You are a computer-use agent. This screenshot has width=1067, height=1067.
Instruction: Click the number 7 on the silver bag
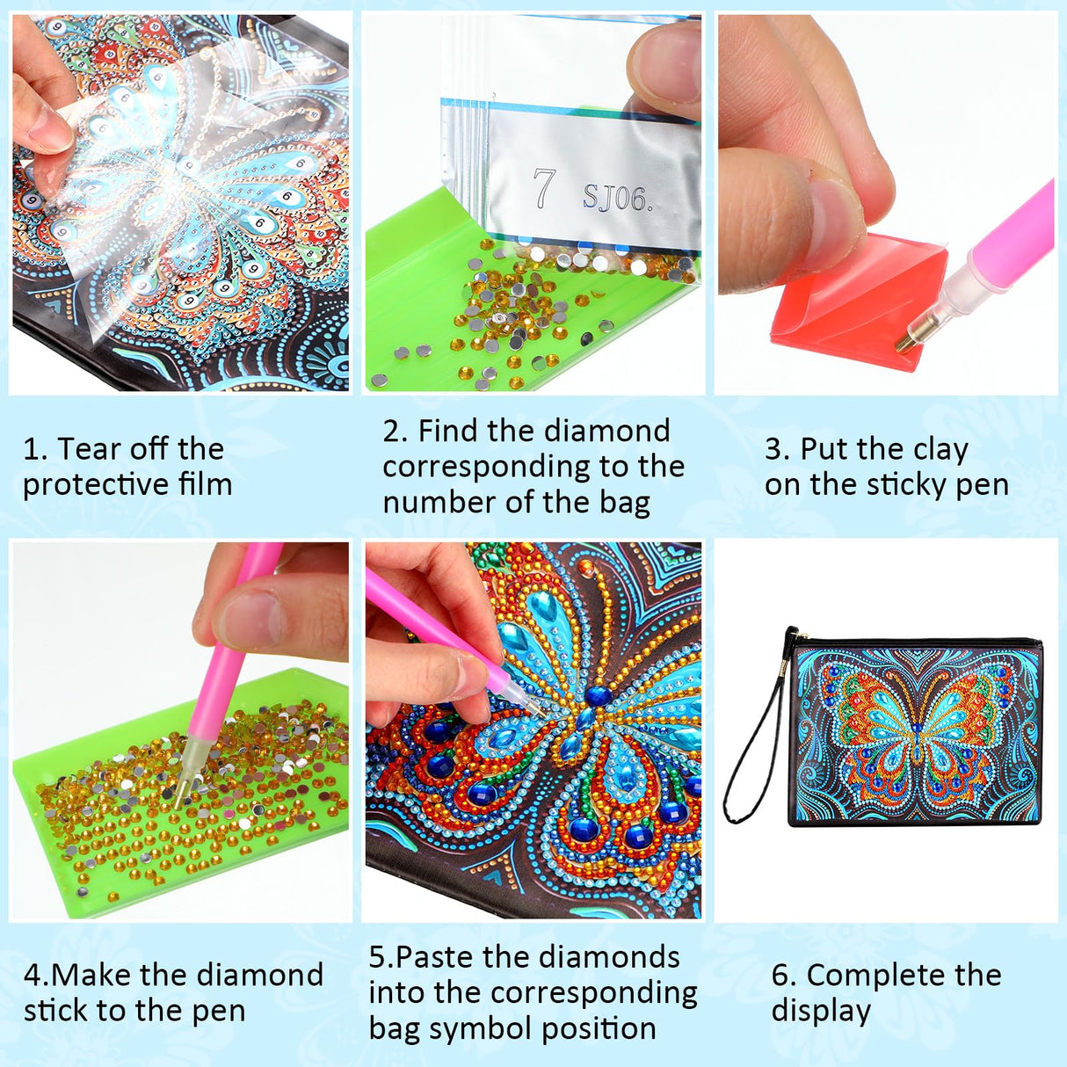(544, 189)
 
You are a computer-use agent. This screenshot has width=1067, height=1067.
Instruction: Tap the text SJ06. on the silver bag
(618, 200)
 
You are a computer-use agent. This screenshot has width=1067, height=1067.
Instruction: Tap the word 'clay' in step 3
(940, 450)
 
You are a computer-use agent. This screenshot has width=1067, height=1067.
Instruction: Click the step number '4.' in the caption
(36, 976)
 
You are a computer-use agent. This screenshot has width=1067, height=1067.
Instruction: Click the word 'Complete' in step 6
(860, 976)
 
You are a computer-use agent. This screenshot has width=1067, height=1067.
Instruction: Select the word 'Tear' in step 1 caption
(86, 449)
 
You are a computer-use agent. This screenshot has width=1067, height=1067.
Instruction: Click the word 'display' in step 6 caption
(820, 1012)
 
